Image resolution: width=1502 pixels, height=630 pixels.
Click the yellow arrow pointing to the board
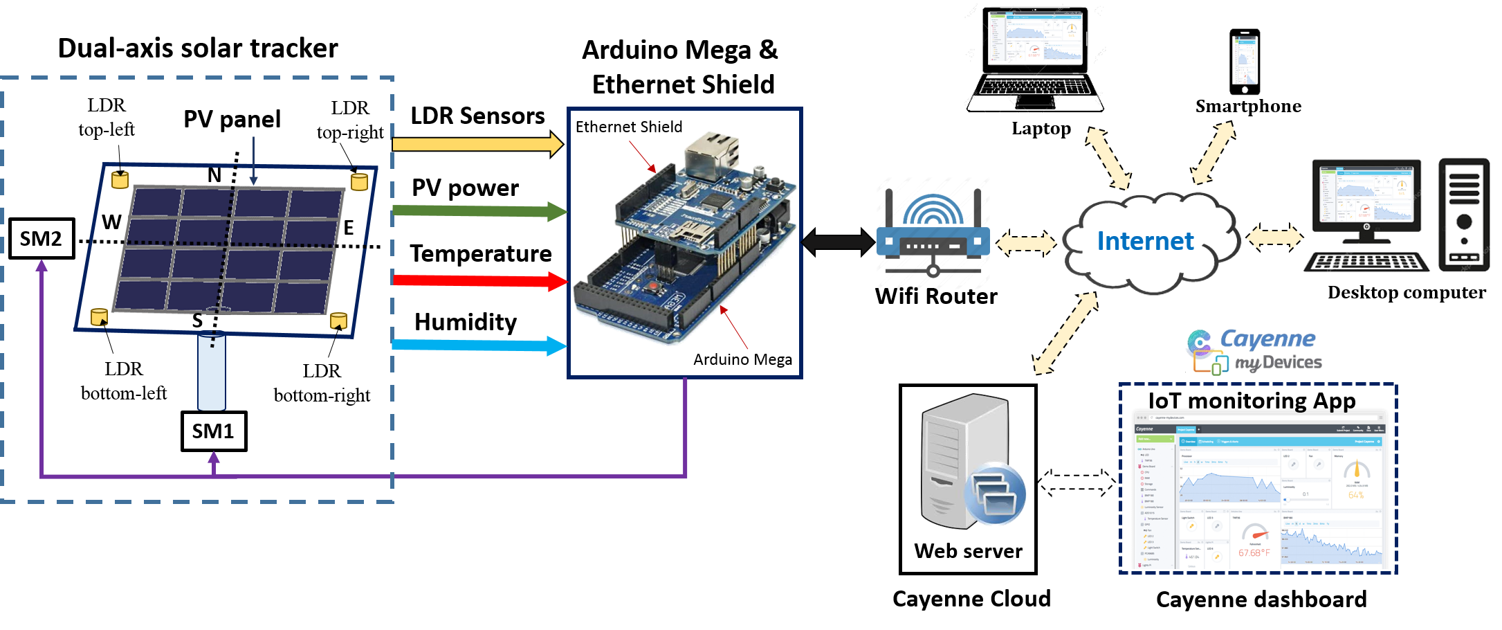click(477, 144)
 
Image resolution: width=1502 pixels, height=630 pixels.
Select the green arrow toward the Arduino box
click(477, 210)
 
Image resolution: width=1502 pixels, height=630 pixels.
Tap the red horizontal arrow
click(477, 280)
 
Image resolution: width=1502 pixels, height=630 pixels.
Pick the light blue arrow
click(477, 345)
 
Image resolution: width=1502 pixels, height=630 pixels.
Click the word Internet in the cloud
click(1145, 241)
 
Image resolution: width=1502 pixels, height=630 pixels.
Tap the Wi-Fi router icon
click(933, 232)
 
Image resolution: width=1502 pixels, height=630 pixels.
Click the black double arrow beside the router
click(837, 242)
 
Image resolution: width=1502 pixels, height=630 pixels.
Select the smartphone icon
click(1245, 61)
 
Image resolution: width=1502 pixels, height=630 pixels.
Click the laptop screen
click(1036, 36)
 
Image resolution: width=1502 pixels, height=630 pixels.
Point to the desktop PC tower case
click(1464, 215)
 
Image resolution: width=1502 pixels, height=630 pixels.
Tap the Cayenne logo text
click(1267, 339)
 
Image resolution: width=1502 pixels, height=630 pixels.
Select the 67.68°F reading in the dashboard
click(1254, 552)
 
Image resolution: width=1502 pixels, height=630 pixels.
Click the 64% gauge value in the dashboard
click(1356, 495)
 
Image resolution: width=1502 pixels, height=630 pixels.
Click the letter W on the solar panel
click(112, 222)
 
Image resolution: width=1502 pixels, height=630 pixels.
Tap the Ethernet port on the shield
click(711, 154)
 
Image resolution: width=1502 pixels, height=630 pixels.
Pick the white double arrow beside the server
click(1077, 483)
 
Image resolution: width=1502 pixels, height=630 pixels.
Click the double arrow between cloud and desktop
click(1274, 237)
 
